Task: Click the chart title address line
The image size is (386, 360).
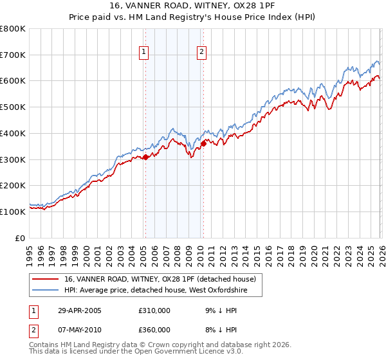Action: [x=192, y=6]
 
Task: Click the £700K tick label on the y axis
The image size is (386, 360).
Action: [x=14, y=55]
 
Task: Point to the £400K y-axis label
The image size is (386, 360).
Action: [x=14, y=134]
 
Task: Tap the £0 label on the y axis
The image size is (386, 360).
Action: [x=21, y=238]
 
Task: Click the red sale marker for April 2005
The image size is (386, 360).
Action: [x=145, y=156]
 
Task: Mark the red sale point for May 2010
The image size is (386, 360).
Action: [x=204, y=143]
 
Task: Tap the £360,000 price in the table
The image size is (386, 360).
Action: [x=154, y=329]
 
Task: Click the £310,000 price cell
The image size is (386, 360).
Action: [x=154, y=310]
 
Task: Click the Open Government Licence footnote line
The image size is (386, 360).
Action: [x=136, y=353]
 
